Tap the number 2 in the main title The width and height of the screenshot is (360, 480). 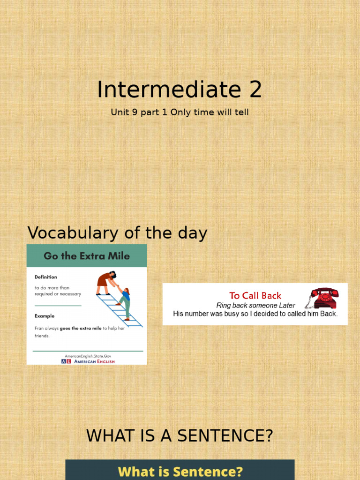(255, 90)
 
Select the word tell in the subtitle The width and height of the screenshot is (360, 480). (241, 112)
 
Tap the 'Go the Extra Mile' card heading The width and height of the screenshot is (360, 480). (87, 256)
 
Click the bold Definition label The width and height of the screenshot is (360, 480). (45, 277)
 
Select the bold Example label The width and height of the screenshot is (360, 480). (45, 316)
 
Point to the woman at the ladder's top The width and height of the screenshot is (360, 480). (106, 281)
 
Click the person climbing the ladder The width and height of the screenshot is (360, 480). (125, 302)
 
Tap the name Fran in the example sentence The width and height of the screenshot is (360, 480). (39, 329)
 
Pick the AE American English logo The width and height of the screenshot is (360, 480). (88, 361)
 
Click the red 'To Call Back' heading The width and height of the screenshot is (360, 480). (255, 295)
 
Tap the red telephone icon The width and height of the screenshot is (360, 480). (324, 298)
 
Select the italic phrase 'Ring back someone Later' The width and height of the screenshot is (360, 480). (255, 305)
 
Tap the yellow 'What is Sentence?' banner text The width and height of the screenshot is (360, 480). (180, 471)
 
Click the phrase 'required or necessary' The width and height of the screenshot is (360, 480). (58, 294)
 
